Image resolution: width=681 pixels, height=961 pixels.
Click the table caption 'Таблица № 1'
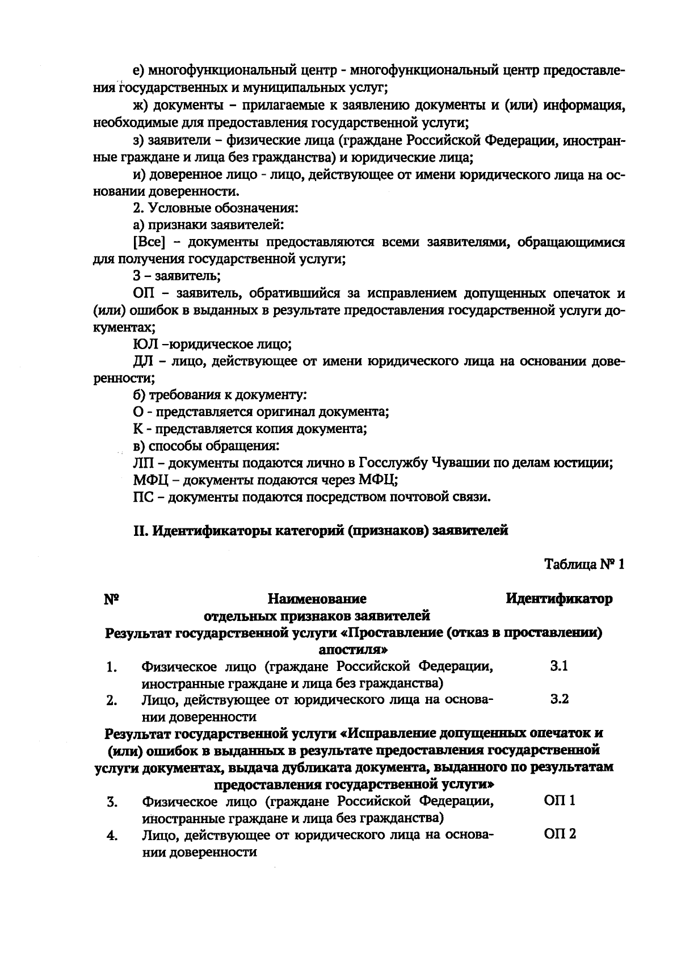pyautogui.click(x=584, y=565)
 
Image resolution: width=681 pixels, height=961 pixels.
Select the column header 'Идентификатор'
pyautogui.click(x=558, y=599)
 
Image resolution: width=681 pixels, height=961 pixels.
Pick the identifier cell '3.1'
pyautogui.click(x=559, y=666)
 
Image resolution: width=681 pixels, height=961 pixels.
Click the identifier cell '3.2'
pyautogui.click(x=559, y=699)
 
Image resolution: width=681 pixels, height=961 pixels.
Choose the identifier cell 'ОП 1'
pyautogui.click(x=560, y=801)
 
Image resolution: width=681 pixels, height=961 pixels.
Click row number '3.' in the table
pyautogui.click(x=112, y=802)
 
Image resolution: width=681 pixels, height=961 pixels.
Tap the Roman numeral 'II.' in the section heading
pyautogui.click(x=140, y=531)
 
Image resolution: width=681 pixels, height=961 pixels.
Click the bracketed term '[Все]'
pyautogui.click(x=149, y=242)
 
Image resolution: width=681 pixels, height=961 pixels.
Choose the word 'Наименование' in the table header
pyautogui.click(x=317, y=599)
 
